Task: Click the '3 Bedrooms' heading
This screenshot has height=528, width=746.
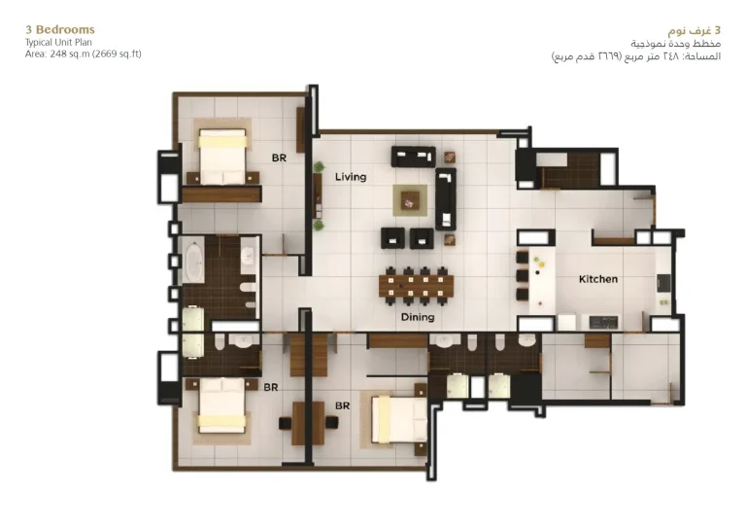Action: click(x=60, y=29)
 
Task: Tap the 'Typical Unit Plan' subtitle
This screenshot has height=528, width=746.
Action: click(x=58, y=43)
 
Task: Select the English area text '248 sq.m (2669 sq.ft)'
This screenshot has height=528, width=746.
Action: click(x=95, y=53)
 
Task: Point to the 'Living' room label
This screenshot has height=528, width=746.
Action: click(x=351, y=177)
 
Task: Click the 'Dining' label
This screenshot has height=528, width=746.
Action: click(x=418, y=317)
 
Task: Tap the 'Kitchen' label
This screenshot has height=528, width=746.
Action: click(x=598, y=279)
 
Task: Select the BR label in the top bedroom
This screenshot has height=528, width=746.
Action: click(x=279, y=158)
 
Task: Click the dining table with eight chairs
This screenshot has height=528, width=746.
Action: click(x=417, y=286)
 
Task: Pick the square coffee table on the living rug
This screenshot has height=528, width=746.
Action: click(x=410, y=200)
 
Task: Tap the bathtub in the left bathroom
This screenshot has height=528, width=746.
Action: click(x=194, y=263)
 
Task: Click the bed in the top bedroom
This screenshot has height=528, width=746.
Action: click(x=222, y=157)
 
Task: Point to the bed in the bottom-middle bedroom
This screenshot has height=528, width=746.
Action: click(x=398, y=419)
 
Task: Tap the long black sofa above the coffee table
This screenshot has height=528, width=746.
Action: click(x=413, y=157)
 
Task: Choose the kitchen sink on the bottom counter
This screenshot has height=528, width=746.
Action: click(x=603, y=322)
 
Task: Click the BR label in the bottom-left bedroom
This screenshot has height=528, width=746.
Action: click(x=271, y=387)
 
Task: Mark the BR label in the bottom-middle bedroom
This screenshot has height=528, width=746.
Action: click(x=342, y=405)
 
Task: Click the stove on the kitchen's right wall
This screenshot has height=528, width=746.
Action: click(x=663, y=283)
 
